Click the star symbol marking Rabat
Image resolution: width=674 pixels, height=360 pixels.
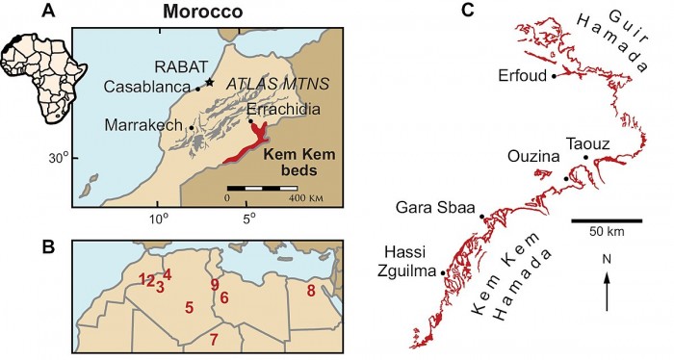coord(209,82)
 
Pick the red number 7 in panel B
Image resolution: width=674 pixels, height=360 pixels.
coord(214,337)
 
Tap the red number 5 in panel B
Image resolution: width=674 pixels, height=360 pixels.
coord(190,307)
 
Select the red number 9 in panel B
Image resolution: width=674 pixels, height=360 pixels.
coord(214,285)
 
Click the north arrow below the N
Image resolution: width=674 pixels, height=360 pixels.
coord(607,290)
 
